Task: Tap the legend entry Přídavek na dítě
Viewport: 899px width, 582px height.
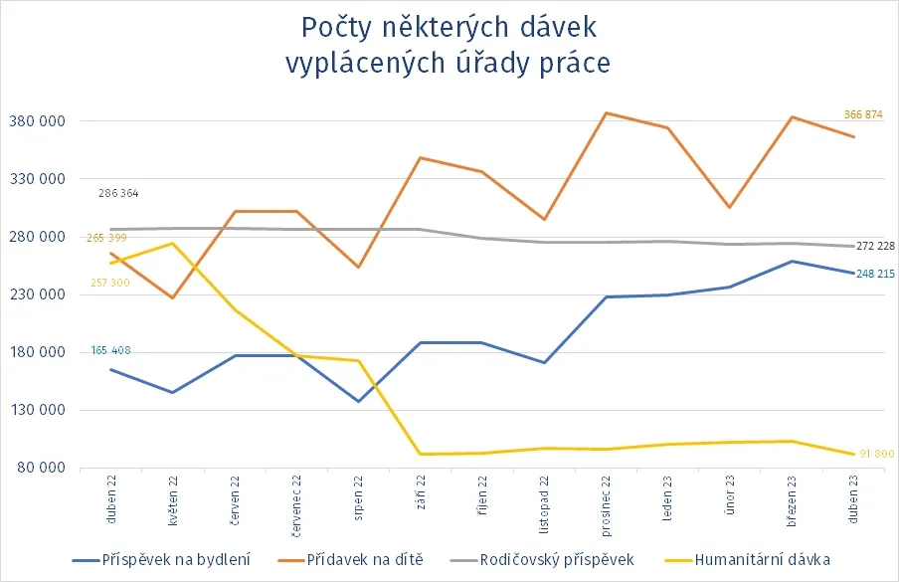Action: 366,559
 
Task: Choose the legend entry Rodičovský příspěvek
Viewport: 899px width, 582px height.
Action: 556,559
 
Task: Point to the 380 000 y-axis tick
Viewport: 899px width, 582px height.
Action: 36,121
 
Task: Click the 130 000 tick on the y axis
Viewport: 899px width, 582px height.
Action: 36,410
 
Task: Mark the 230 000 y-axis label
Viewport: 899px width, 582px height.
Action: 36,294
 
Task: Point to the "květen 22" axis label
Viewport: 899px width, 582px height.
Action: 173,499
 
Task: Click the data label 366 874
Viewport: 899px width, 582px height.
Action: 863,115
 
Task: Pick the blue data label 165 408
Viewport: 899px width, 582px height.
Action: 110,350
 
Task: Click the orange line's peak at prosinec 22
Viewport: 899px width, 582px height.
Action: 606,113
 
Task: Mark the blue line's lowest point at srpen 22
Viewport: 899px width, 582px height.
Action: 358,402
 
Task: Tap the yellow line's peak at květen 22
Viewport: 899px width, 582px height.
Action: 173,244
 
